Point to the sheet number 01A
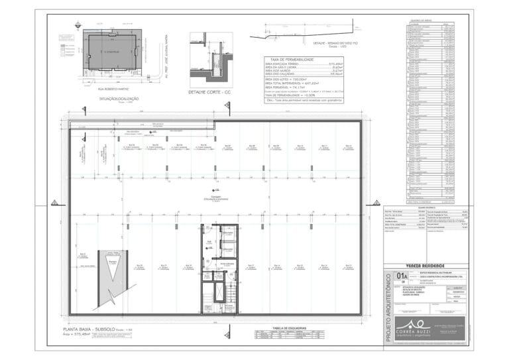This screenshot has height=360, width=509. [402, 277]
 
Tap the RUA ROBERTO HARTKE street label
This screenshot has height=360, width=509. [112, 86]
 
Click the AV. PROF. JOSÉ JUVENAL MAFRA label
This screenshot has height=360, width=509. [164, 56]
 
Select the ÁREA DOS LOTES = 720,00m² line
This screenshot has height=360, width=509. [285, 78]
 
